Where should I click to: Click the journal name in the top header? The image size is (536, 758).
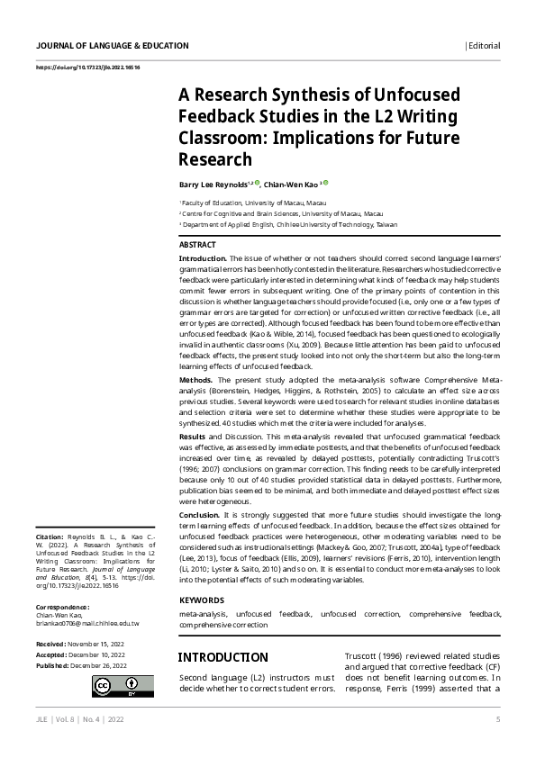point(113,46)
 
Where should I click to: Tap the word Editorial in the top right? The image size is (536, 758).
point(484,46)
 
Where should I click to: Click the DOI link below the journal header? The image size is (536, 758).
point(87,68)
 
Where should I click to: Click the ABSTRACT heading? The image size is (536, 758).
point(197,245)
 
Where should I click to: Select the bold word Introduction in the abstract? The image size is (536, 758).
point(203,258)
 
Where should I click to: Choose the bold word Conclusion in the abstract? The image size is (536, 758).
point(200,514)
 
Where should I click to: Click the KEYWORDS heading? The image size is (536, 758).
point(202,600)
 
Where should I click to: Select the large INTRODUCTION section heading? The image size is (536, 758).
point(223,658)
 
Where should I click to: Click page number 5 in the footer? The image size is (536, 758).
point(497,719)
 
